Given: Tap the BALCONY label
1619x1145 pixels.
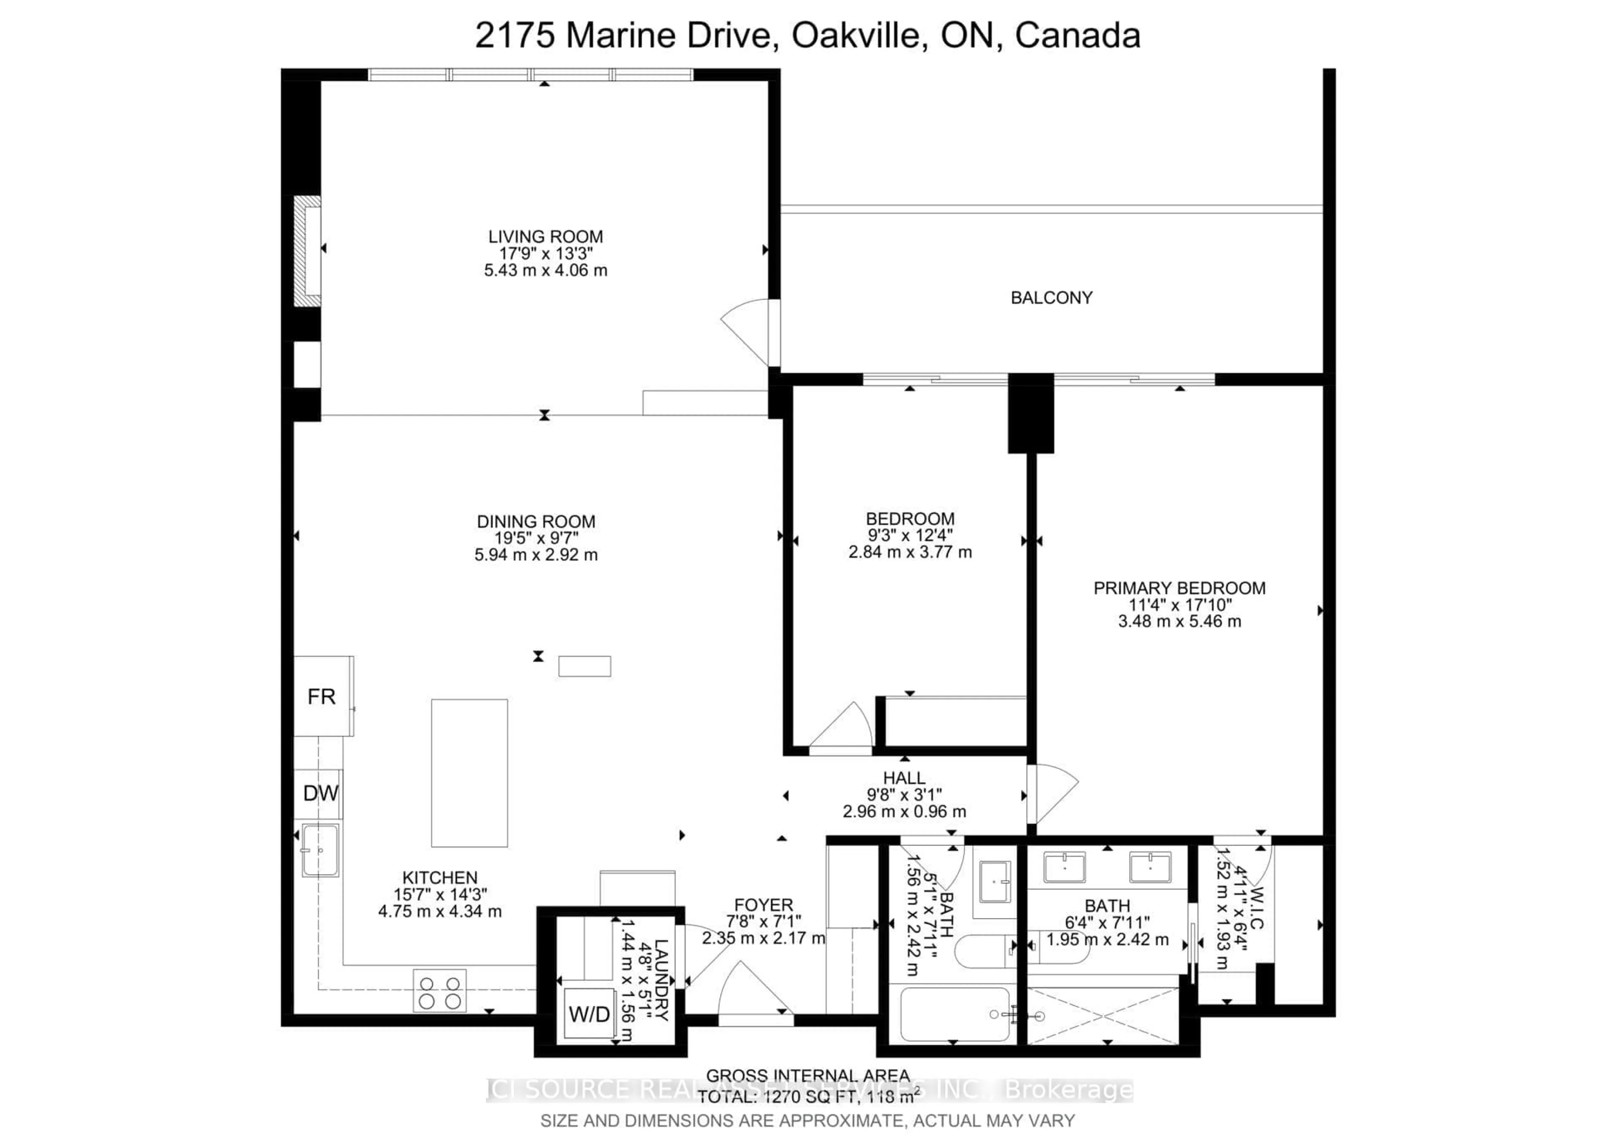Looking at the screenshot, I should point(1051,298).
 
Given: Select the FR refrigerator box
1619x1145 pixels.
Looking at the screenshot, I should point(322,696).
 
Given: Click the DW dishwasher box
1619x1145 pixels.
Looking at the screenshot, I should point(320,794).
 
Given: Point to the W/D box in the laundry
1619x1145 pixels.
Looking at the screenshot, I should point(589,1015).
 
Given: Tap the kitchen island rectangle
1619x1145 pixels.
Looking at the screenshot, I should point(469,772).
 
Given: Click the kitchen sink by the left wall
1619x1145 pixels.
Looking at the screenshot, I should point(320,850).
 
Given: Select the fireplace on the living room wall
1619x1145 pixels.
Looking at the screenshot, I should point(308,251).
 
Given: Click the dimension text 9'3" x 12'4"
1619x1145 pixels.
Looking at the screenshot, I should point(909,535).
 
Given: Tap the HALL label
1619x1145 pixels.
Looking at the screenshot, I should point(904,778).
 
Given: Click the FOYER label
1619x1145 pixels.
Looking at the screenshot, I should point(763,905).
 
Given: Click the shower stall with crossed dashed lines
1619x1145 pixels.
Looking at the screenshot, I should point(1102,1016).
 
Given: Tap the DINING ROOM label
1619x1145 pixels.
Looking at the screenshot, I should point(536,522).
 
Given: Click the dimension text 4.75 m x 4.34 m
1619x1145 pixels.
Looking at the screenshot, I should point(440,911).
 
